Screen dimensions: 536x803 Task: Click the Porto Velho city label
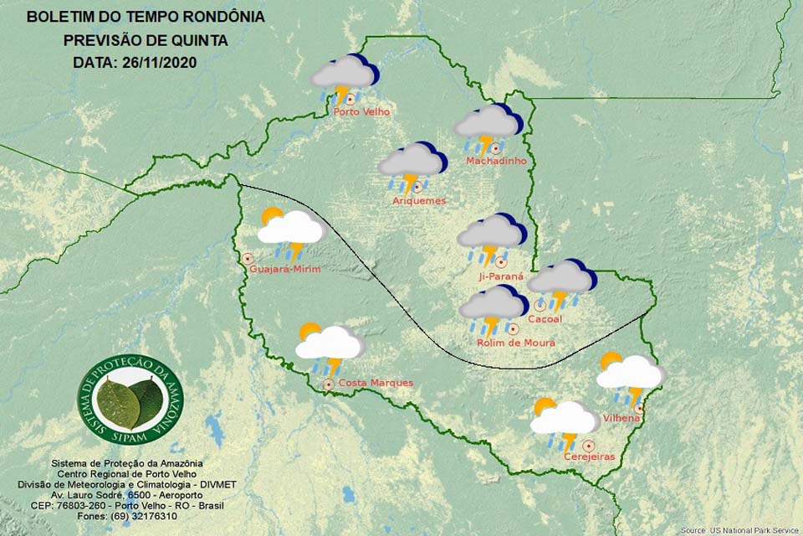point(361,112)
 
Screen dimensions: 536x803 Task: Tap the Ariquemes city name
point(419,201)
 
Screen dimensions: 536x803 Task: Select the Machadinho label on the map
point(496,161)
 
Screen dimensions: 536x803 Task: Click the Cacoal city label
point(546,319)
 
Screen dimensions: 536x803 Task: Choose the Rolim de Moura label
point(515,343)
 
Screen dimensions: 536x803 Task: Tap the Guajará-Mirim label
point(285,268)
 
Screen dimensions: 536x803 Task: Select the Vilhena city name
point(621,417)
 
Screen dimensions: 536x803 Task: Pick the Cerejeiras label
point(589,456)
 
